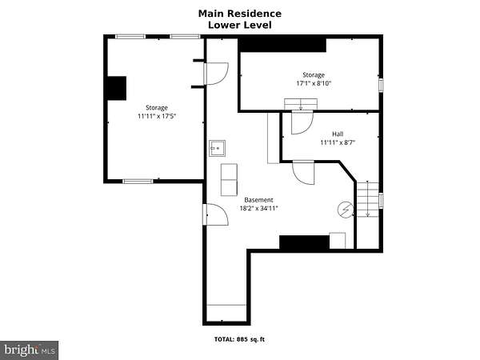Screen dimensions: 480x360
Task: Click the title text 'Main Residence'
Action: click(240, 14)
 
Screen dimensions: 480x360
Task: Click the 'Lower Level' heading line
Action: click(240, 25)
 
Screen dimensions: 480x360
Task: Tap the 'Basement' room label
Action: click(258, 200)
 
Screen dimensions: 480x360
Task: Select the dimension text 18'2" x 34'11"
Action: click(258, 209)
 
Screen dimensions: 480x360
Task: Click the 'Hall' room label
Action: click(338, 134)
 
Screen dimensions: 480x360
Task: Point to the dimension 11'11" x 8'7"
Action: click(338, 142)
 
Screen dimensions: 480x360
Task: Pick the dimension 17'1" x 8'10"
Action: click(314, 83)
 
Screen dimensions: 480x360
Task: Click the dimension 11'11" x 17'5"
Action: click(157, 116)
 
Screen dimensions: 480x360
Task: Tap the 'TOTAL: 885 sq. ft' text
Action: click(239, 339)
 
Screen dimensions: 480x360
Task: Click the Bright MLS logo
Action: click(29, 350)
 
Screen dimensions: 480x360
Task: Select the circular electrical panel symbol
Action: click(346, 210)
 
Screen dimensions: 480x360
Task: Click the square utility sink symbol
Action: click(218, 149)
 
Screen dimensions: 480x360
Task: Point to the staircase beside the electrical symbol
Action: click(368, 199)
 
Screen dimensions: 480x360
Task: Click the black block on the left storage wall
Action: click(117, 88)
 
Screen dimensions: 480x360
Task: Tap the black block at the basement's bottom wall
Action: click(305, 242)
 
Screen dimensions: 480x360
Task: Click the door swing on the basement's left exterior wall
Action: click(216, 214)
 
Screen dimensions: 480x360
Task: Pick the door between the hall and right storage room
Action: click(302, 122)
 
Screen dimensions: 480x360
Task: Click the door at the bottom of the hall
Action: click(304, 173)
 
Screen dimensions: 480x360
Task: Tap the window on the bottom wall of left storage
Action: click(138, 182)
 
